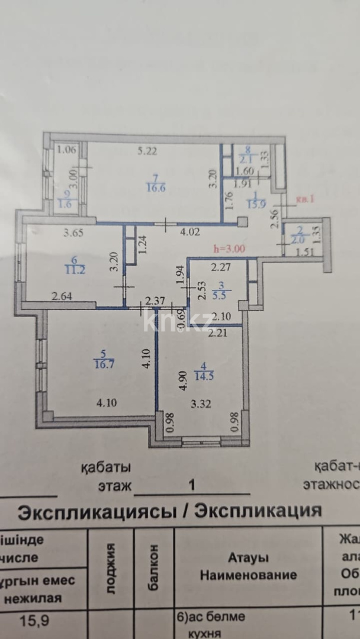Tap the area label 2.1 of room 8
tap(245, 159)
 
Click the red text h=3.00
tap(231, 249)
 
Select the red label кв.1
tap(306, 199)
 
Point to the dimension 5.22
tap(147, 151)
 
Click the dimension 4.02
tap(190, 232)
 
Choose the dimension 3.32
tap(201, 405)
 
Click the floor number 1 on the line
tap(191, 485)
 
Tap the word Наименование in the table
tap(248, 575)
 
